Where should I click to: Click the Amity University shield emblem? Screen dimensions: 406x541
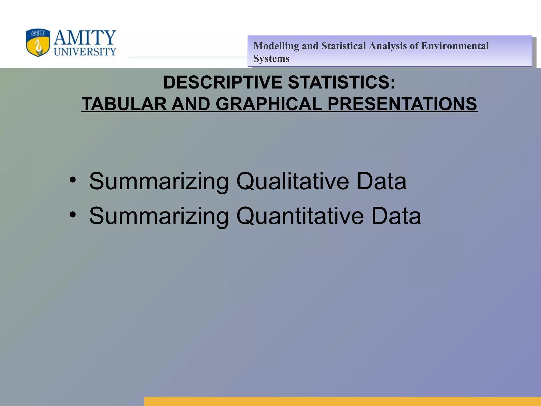tap(38, 43)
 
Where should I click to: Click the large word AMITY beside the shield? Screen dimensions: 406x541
tap(85, 38)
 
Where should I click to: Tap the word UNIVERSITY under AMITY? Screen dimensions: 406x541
tap(85, 52)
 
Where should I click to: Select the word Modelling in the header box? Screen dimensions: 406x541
tap(276, 46)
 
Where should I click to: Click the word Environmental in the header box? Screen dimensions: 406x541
tap(455, 46)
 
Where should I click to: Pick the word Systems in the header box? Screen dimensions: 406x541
tap(271, 58)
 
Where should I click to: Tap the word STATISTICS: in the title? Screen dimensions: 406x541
tap(342, 82)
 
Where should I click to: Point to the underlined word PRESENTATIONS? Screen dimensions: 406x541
tap(402, 104)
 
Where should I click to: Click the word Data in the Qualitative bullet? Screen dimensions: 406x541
tap(381, 181)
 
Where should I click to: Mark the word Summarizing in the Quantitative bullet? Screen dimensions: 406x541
tap(159, 216)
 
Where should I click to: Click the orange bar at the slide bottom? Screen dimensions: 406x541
tap(342, 401)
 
